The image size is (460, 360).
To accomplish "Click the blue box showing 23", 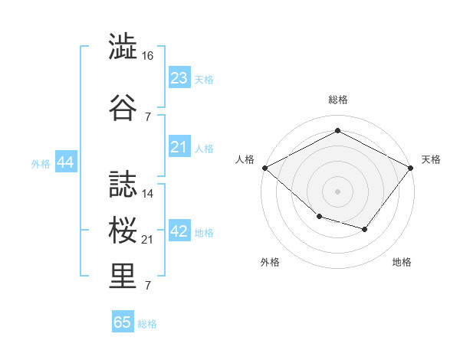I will (179, 78).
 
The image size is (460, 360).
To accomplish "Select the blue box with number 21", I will (179, 147).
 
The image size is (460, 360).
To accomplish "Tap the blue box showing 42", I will (179, 231).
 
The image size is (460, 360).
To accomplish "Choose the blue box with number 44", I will (65, 162).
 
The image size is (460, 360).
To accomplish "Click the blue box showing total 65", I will (123, 322).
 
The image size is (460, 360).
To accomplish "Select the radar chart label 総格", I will (337, 100).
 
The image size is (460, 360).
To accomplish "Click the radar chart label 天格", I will (431, 159).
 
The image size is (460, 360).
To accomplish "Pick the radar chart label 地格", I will (402, 262).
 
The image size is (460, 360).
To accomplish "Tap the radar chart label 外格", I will (270, 262).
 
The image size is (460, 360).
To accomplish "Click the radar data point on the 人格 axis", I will (264, 167).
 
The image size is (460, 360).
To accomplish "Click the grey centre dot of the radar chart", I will (337, 191).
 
